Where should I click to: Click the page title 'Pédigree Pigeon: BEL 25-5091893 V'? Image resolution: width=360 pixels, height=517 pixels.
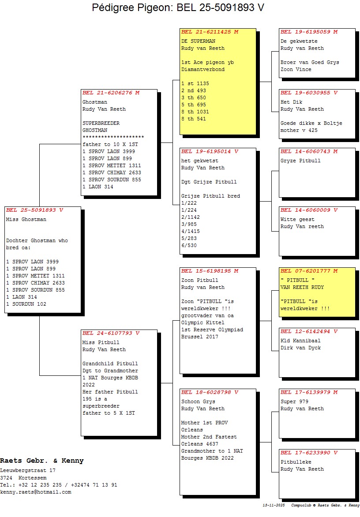[x=178, y=8]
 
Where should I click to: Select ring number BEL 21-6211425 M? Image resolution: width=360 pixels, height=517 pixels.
[x=210, y=32]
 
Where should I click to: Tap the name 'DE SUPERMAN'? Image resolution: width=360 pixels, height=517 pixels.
[x=198, y=41]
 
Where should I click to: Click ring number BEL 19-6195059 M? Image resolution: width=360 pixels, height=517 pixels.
[x=309, y=32]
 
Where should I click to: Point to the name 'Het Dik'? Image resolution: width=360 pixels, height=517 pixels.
[x=291, y=102]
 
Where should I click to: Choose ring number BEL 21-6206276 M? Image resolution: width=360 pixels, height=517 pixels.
[x=111, y=93]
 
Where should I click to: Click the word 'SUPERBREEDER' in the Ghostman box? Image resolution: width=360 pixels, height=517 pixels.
[x=101, y=123]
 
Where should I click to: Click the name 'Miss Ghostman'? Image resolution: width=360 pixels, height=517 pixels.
[x=26, y=219]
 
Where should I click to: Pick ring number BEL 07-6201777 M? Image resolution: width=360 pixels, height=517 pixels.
[x=309, y=271]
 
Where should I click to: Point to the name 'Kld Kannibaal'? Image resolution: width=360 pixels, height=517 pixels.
[x=300, y=341]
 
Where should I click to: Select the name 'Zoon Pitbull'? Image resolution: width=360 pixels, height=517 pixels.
[x=199, y=280]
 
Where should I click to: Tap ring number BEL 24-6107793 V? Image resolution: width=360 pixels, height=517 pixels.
[x=111, y=333]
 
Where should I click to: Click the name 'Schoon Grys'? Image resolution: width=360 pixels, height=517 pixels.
[x=198, y=401]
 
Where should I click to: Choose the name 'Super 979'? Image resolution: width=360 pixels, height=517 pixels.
[x=294, y=401]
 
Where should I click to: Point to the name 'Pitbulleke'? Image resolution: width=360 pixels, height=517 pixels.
[x=296, y=462]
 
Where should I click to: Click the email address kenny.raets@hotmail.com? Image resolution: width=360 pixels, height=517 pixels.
[x=35, y=492]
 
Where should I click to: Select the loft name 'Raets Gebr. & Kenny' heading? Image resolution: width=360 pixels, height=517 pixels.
[x=42, y=461]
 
